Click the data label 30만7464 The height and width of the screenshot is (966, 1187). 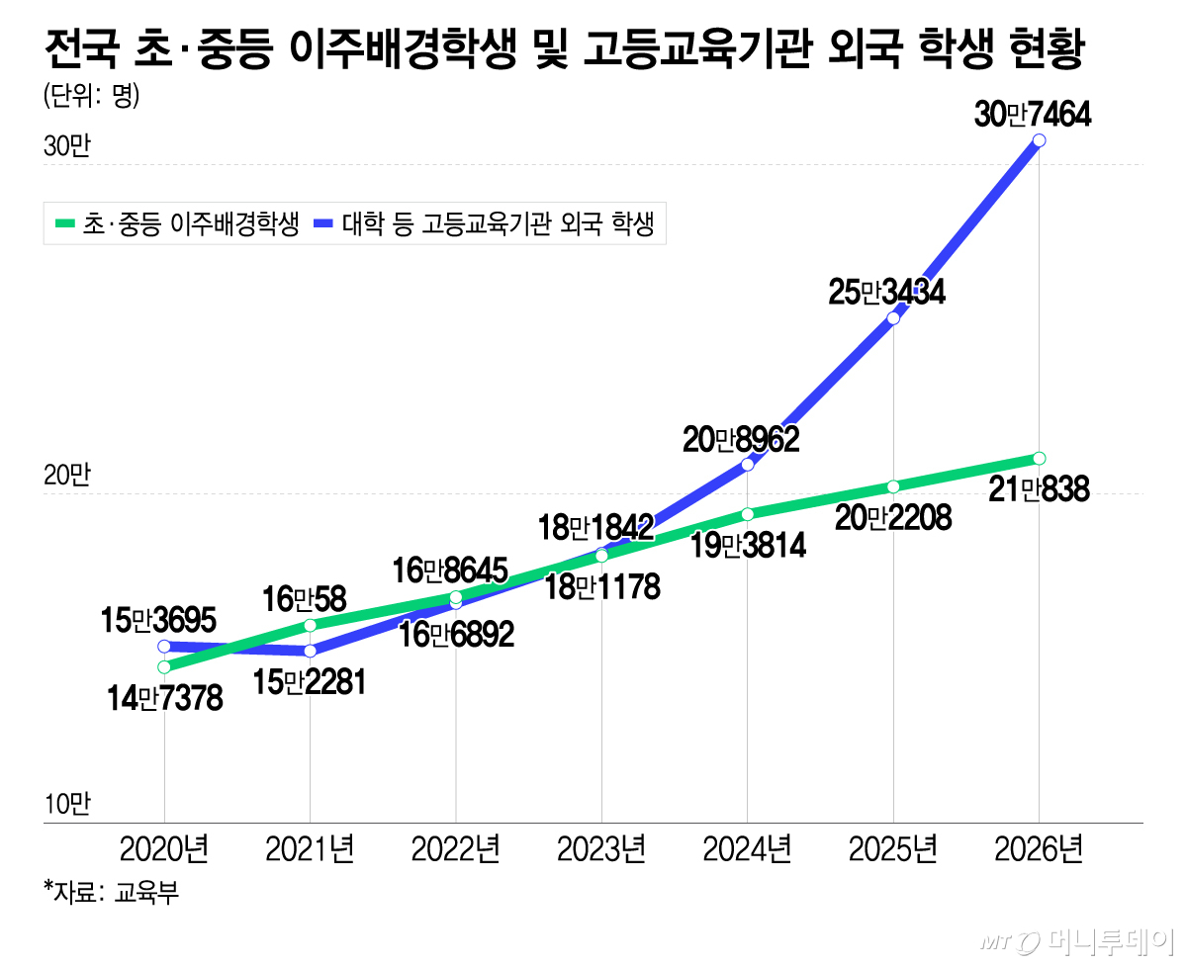(x=1032, y=115)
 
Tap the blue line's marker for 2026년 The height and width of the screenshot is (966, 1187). (x=1039, y=140)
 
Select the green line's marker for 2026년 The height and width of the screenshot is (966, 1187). (x=1039, y=458)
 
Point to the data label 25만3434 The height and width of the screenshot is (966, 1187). (x=886, y=292)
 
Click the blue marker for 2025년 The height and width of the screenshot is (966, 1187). (x=893, y=318)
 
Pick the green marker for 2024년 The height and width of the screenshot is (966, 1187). (x=747, y=513)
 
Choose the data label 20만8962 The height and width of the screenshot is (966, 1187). (x=741, y=440)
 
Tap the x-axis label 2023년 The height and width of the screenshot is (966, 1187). (x=601, y=849)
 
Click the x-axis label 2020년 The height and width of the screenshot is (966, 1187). (x=164, y=849)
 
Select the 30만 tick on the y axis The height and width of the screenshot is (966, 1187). (x=67, y=146)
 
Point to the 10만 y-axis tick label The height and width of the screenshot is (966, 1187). (x=67, y=804)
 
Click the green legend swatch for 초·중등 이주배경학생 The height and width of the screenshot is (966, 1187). (x=65, y=223)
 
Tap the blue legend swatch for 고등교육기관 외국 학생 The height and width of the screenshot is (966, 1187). (x=323, y=223)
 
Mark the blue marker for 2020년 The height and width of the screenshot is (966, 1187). (x=164, y=647)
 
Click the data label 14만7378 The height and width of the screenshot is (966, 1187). (x=164, y=699)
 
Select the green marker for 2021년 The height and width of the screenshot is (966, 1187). (x=310, y=625)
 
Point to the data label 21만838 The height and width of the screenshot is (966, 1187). (x=1039, y=489)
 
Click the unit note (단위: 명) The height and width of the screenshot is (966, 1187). (x=91, y=96)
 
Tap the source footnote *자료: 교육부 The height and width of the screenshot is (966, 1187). (x=112, y=892)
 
